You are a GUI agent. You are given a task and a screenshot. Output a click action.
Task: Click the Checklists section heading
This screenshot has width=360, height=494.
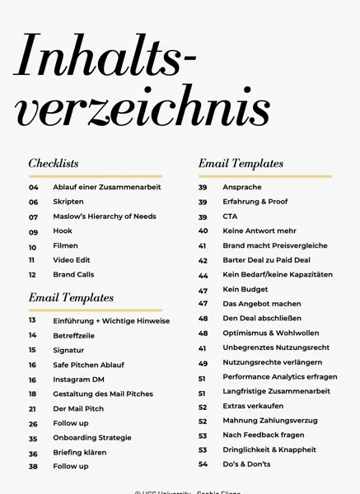pyautogui.click(x=54, y=164)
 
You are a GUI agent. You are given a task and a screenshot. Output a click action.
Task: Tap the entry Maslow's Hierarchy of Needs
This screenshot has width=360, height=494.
pyautogui.click(x=104, y=217)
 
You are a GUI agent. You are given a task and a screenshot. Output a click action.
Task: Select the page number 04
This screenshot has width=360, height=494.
pyautogui.click(x=34, y=188)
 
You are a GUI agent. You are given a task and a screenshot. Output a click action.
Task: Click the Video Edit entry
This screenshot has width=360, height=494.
pyautogui.click(x=72, y=260)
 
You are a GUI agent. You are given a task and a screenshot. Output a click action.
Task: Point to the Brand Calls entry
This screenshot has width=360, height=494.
pyautogui.click(x=73, y=275)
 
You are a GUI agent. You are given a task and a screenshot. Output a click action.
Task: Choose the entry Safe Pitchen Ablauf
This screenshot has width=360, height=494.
pyautogui.click(x=88, y=365)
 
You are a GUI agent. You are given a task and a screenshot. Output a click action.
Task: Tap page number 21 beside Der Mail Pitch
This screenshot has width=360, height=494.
pyautogui.click(x=33, y=409)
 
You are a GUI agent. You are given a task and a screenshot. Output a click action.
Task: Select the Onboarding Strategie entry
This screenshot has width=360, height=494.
pyautogui.click(x=92, y=438)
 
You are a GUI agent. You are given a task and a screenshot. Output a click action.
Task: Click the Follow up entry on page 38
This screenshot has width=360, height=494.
pyautogui.click(x=71, y=467)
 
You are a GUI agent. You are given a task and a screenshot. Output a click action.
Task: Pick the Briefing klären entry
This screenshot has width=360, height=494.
pyautogui.click(x=80, y=453)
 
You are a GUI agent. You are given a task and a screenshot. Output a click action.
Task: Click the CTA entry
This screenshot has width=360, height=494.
pyautogui.click(x=230, y=217)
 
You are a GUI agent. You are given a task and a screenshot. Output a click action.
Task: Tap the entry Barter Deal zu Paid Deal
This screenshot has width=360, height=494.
pyautogui.click(x=266, y=260)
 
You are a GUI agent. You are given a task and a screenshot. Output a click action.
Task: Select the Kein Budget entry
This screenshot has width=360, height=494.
pyautogui.click(x=245, y=290)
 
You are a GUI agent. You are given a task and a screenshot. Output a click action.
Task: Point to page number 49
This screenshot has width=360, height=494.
pyautogui.click(x=203, y=363)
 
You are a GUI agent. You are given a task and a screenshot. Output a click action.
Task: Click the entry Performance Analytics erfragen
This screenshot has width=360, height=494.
pyautogui.click(x=279, y=378)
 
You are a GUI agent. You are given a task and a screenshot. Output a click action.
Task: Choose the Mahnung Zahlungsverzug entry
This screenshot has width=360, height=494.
pyautogui.click(x=269, y=422)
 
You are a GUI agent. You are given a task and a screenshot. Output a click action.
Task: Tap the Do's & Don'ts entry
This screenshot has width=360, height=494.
pyautogui.click(x=246, y=464)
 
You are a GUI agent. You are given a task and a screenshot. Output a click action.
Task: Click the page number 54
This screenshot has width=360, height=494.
pyautogui.click(x=203, y=465)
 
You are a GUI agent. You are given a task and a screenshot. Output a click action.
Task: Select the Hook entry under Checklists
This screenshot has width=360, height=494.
pyautogui.click(x=63, y=231)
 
